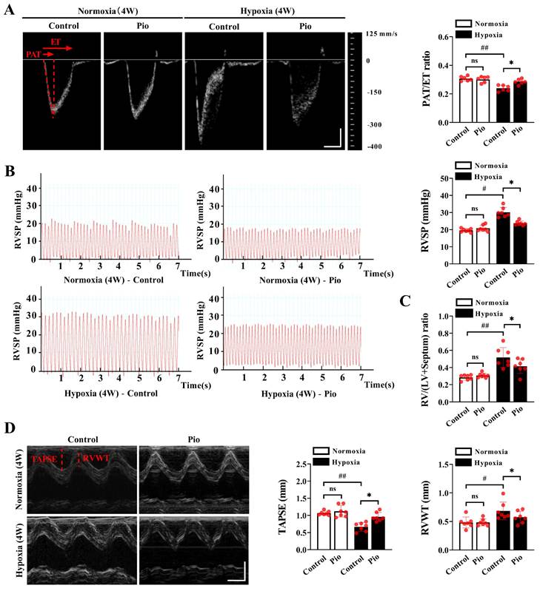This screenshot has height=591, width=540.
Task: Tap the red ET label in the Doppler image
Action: click(x=56, y=42)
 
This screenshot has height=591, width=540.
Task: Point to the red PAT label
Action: click(x=33, y=54)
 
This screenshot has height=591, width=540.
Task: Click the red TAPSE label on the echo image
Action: click(x=45, y=459)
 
